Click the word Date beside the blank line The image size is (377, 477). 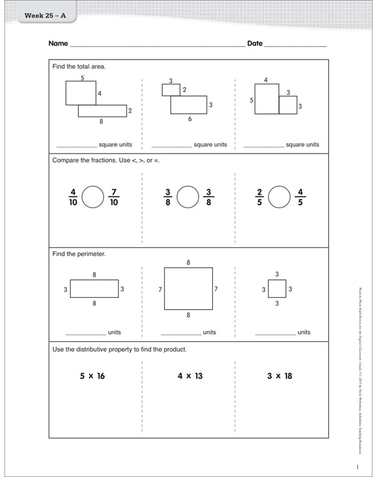tap(255, 44)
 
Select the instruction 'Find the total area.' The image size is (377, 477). tap(79, 67)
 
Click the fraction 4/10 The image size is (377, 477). tap(73, 197)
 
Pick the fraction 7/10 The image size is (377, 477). tap(114, 197)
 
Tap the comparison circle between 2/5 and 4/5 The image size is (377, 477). tap(280, 197)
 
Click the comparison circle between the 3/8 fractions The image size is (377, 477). tap(187, 197)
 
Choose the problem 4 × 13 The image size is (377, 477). tap(190, 376)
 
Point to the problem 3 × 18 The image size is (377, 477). tap(280, 376)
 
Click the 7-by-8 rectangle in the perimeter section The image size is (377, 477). tap(188, 289)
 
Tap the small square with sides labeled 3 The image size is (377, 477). tap(276, 289)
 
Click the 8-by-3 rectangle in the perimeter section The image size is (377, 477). tap(94, 289)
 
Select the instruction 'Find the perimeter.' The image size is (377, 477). tap(79, 254)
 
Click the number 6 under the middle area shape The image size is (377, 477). tap(190, 119)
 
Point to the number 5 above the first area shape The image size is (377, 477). tap(83, 77)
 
